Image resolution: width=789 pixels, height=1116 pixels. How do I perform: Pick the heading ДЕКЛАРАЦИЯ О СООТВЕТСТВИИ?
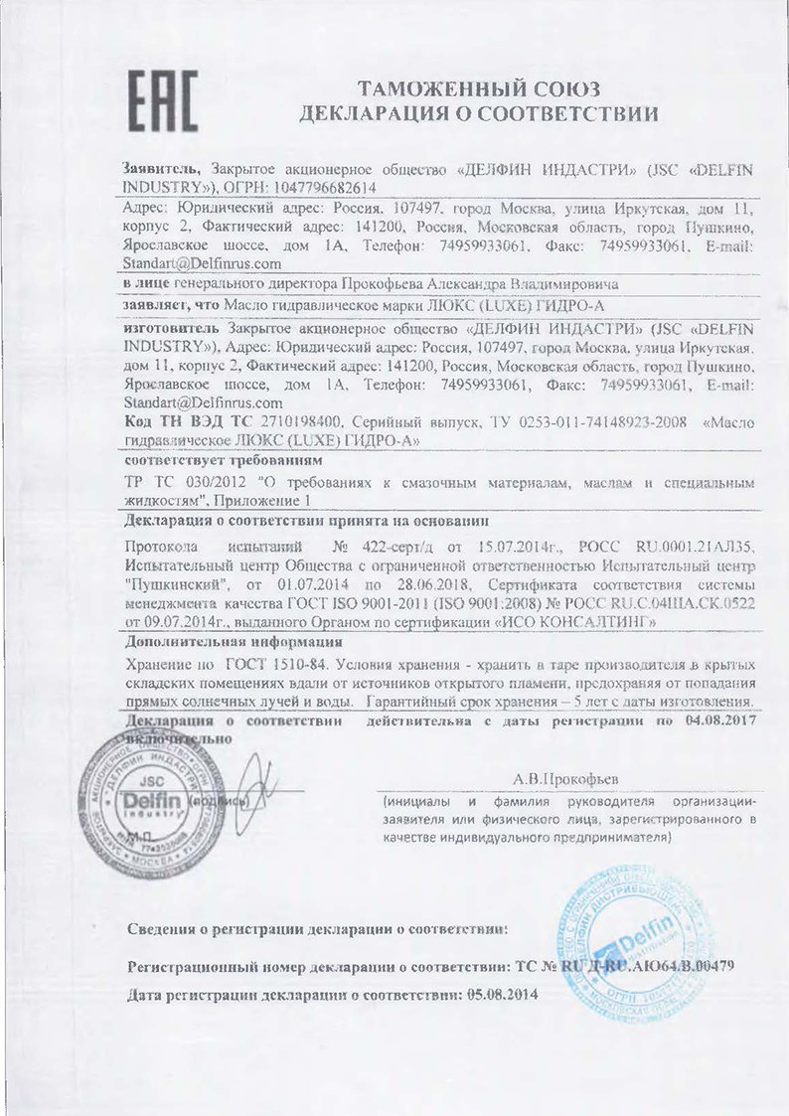(479, 113)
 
